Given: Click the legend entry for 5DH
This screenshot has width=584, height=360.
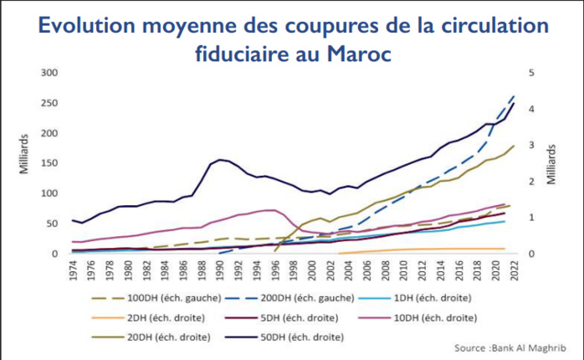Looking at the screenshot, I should (305, 317).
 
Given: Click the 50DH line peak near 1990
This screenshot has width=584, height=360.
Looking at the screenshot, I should (220, 159).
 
